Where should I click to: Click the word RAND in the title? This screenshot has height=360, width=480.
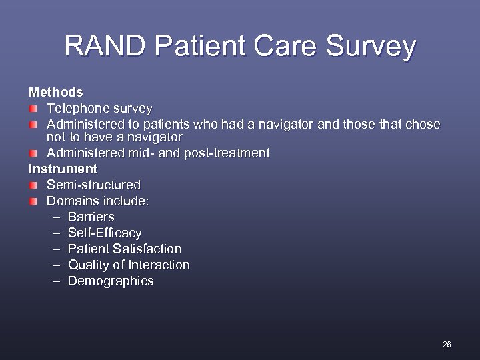[x=106, y=47]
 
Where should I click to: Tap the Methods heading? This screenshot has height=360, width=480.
[x=55, y=92]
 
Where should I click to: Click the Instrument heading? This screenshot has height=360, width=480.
[x=63, y=169]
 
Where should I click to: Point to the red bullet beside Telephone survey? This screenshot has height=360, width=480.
[x=33, y=108]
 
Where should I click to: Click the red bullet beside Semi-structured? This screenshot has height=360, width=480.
[x=33, y=185]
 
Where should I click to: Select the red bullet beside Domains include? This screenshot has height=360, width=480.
[x=33, y=201]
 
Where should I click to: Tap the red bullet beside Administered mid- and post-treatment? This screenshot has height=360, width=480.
[x=33, y=153]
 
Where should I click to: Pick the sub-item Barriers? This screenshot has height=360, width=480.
[x=91, y=217]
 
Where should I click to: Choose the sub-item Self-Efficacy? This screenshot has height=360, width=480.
[x=105, y=233]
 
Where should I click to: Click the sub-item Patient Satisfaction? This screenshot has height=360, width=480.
[x=125, y=249]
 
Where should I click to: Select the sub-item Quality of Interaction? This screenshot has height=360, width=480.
[x=129, y=265]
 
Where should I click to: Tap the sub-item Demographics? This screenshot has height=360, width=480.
[x=111, y=281]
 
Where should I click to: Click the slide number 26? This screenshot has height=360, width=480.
[x=446, y=345]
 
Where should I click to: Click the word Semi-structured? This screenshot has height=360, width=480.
[x=93, y=185]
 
